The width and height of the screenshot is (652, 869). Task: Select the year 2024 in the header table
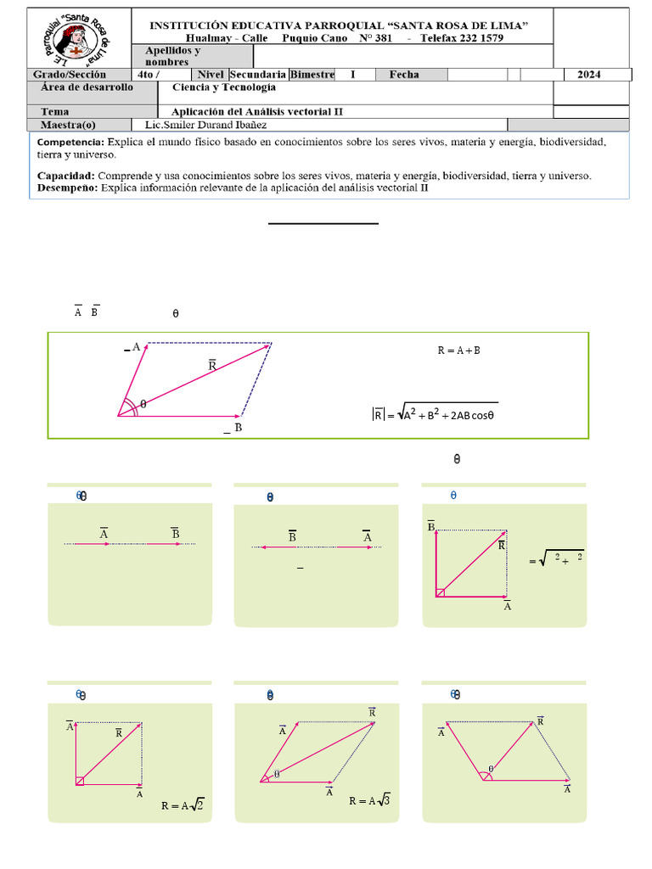point(588,75)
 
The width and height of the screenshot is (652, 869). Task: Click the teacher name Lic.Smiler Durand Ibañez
point(218,124)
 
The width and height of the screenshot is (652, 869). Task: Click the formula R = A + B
point(458,350)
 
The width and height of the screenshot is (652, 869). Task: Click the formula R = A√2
point(183,805)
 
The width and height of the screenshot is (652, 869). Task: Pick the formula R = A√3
point(369,800)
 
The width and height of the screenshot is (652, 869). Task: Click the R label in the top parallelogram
point(212,365)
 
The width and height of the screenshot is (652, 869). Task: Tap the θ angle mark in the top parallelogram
point(143,405)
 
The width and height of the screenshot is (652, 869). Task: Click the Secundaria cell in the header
point(258,75)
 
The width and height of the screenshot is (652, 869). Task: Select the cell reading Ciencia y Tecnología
point(223,87)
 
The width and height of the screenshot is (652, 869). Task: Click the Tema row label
point(55,111)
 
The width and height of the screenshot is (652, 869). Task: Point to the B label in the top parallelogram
point(238,429)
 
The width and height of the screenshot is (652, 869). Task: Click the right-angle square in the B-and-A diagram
point(440,592)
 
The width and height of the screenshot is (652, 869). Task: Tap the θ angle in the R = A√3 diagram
point(276,773)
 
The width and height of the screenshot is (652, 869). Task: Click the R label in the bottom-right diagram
point(540,720)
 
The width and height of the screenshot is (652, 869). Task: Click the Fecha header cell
point(404,75)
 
